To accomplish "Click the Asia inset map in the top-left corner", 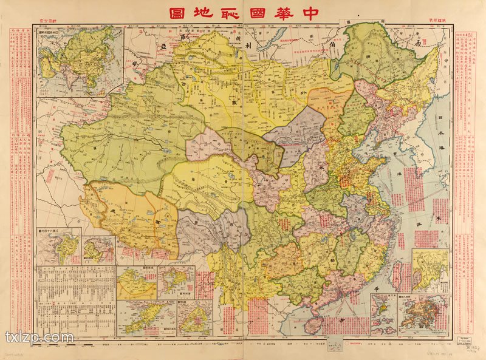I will (x=80, y=60).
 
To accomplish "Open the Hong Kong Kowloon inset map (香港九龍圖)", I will (x=423, y=314).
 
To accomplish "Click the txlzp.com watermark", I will (x=39, y=337).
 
